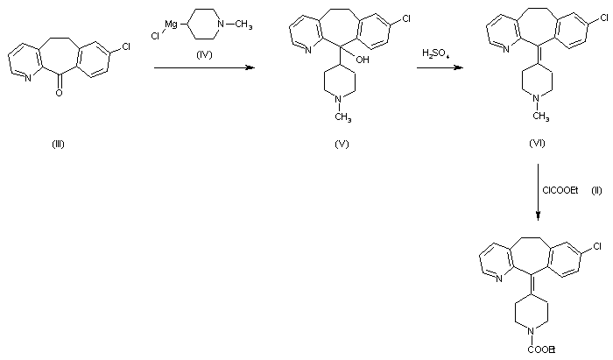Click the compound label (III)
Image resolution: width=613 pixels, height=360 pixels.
point(59,144)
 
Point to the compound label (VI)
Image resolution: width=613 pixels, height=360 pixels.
point(537,144)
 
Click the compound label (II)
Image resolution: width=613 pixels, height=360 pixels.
point(595,190)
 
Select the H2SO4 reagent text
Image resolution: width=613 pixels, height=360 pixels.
point(435,53)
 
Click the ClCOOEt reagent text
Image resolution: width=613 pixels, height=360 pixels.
point(560,190)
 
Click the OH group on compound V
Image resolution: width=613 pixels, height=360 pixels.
point(362,84)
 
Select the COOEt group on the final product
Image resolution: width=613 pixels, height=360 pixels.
point(539,350)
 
